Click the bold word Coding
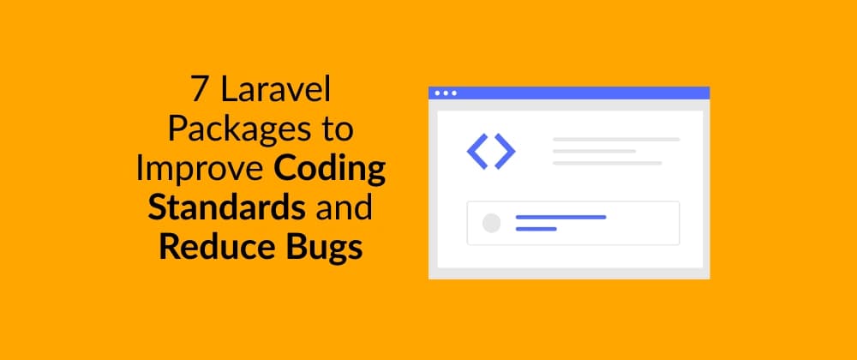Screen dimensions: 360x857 (x=330, y=169)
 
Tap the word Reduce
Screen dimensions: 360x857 (x=209, y=248)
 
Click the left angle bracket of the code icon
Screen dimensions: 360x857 (x=476, y=152)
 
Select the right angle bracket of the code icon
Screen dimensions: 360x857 (x=506, y=152)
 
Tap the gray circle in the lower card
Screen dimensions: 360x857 (x=491, y=223)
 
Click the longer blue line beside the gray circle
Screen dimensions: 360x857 (x=560, y=217)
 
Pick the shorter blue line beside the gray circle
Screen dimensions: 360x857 (x=536, y=229)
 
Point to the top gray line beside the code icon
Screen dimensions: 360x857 (x=615, y=139)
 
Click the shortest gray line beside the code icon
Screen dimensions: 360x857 (x=594, y=151)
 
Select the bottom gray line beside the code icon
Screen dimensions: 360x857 (x=607, y=163)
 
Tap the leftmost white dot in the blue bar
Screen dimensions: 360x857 (x=437, y=93)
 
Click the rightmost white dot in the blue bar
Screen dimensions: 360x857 (x=454, y=93)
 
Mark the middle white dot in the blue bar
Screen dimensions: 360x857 (x=446, y=93)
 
